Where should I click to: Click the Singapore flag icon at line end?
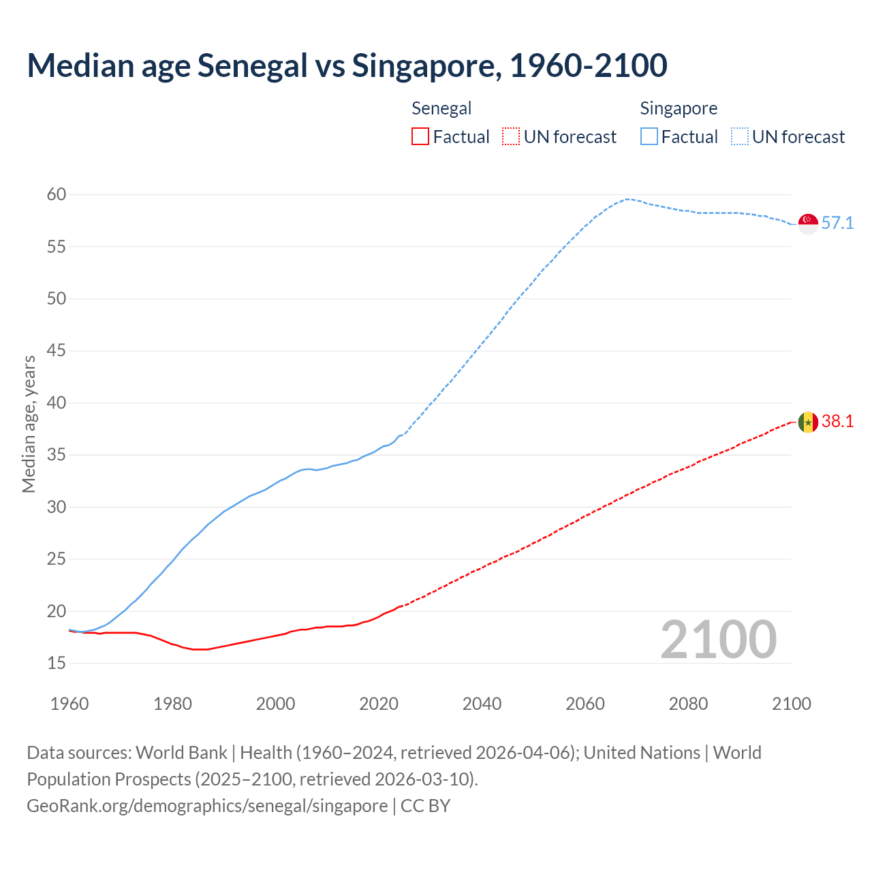coord(808,223)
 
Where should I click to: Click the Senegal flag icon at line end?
coord(808,422)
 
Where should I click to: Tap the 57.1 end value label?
coord(837,223)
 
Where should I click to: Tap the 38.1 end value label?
coord(837,422)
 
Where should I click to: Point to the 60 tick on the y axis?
coord(57,195)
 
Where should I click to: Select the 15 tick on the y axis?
coord(57,663)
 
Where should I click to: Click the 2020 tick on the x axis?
coord(379,704)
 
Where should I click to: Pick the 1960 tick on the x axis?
coord(69,704)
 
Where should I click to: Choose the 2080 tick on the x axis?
coord(688,704)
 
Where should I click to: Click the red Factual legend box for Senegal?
coord(420,137)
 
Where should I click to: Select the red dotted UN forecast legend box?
coord(511,137)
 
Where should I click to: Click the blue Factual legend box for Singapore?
coord(649,137)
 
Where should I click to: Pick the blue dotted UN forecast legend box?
coord(740,137)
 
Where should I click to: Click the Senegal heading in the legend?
coord(441,108)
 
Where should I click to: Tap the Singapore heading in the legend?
coord(679,108)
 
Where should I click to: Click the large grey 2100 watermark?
coord(718,639)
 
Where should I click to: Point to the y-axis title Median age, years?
coord(29,424)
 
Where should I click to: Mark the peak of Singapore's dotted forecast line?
coord(627,199)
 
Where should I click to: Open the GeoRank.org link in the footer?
coord(207,806)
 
